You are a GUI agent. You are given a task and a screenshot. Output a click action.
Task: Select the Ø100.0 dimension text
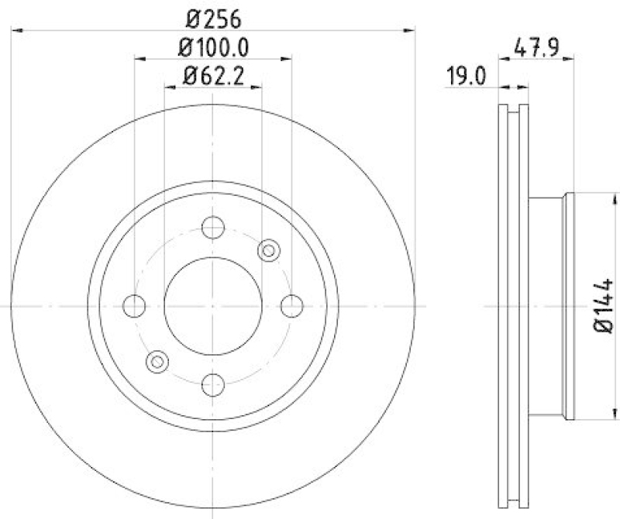coord(213,48)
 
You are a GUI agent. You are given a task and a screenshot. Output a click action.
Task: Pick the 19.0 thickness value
coord(465,76)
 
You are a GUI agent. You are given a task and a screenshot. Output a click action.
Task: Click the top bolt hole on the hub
coord(213,228)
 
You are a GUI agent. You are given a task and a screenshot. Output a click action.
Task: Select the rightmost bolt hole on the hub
coord(291,306)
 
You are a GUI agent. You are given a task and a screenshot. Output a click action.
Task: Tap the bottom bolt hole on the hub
coord(213,384)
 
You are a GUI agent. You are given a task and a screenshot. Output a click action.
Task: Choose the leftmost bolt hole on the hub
coord(135,306)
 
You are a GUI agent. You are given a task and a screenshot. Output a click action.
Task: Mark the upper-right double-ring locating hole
coord(268,250)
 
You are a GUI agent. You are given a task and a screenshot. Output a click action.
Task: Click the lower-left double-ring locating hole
coord(157,361)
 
